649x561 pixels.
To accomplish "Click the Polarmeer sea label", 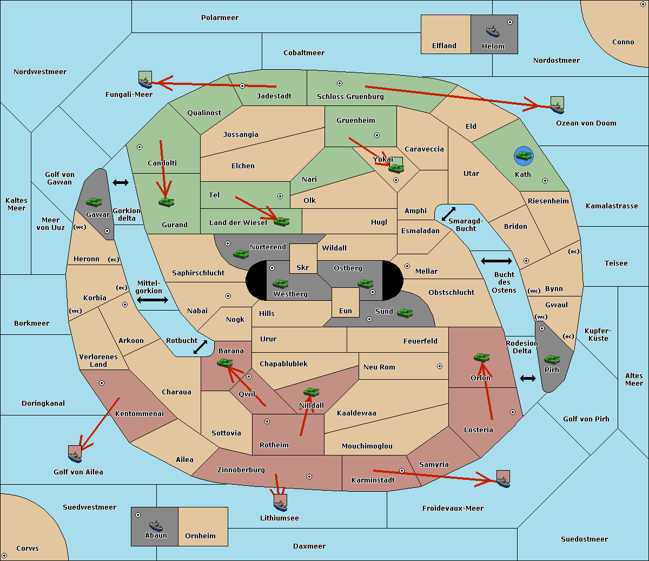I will [x=220, y=18].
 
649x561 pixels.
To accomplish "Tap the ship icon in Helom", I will [x=492, y=31].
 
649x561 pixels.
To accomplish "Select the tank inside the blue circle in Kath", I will [x=524, y=156].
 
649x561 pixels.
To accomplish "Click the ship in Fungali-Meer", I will [x=145, y=82].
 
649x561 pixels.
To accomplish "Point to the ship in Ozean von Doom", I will [x=557, y=107].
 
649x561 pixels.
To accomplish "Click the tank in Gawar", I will [x=94, y=202].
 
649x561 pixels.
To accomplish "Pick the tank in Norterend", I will [x=241, y=254].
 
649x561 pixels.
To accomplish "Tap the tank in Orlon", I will [x=481, y=358].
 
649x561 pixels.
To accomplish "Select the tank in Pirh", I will [x=552, y=360].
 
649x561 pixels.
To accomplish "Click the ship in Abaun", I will [x=156, y=525].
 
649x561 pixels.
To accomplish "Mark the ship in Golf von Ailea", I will [x=75, y=456].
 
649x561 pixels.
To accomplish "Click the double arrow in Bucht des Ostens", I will [x=496, y=261].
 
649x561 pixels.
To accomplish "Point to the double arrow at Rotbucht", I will [x=201, y=347].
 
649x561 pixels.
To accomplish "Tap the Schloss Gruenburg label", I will [x=350, y=97].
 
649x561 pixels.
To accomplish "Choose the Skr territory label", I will [x=303, y=268].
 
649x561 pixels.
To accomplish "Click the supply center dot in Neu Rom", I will [x=440, y=366].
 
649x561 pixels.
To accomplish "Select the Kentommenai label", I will [x=140, y=414].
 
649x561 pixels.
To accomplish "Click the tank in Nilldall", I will [x=311, y=392].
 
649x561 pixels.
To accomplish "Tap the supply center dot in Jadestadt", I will [x=242, y=86].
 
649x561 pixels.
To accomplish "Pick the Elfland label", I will [x=444, y=46].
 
